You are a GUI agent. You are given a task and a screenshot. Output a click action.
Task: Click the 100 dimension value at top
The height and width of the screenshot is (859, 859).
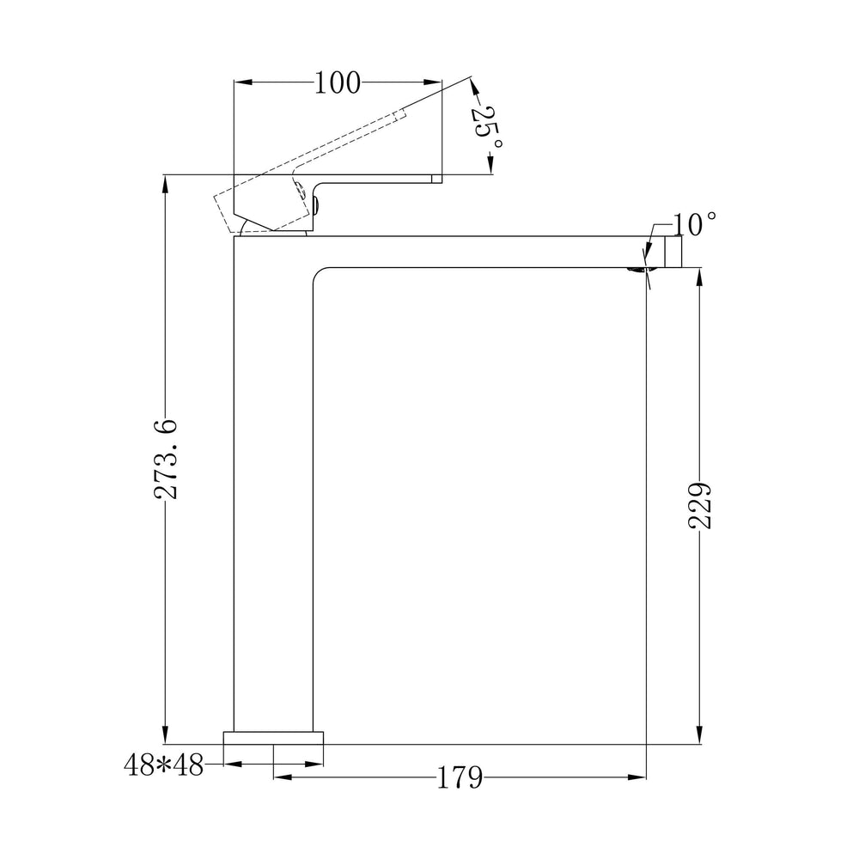[338, 83]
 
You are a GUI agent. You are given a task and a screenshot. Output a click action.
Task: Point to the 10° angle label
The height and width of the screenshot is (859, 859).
[693, 224]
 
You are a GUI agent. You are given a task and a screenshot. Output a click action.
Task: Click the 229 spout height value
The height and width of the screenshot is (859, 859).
[699, 506]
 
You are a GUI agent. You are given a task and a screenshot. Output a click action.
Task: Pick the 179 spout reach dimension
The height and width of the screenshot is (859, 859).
[460, 777]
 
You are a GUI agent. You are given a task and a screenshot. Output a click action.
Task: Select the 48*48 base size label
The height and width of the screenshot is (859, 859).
[163, 765]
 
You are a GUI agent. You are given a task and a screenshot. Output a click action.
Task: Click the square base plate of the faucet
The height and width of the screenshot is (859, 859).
[273, 738]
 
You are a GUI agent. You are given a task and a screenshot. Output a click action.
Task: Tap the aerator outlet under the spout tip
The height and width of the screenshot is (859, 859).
[637, 270]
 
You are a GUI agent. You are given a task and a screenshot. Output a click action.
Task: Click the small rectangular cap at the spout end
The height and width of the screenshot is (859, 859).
[673, 252]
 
